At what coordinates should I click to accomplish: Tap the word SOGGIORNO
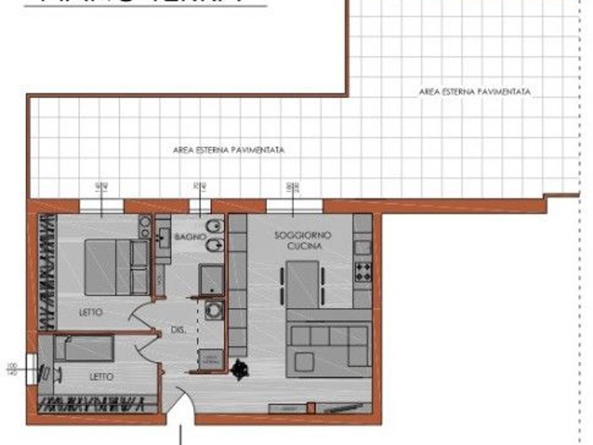303,235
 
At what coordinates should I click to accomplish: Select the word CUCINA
304,246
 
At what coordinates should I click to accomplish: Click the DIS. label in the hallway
178,331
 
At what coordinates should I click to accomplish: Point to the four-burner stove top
363,272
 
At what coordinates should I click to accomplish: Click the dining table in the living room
303,284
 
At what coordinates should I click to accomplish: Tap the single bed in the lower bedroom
84,349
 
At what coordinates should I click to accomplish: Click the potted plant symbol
240,369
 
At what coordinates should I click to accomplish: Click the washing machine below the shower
214,310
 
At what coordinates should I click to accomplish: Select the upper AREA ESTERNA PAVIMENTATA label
474,92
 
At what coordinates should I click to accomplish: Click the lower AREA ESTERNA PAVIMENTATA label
228,150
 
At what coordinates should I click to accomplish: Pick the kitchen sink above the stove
362,248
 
